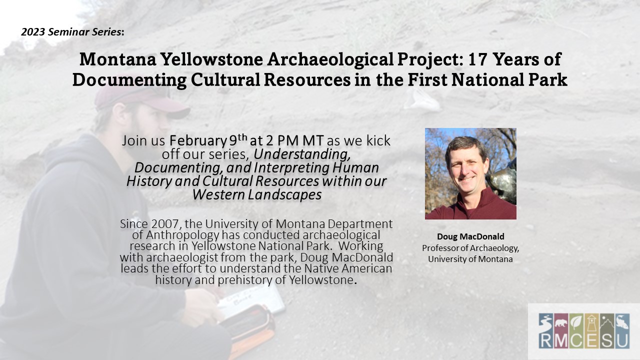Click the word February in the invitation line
[198, 141]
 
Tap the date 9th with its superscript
[238, 140]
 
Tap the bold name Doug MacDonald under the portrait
[470, 236]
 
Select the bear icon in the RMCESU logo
[561, 323]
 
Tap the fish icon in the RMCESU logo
[621, 322]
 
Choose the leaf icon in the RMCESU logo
[576, 323]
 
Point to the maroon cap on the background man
[140, 100]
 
